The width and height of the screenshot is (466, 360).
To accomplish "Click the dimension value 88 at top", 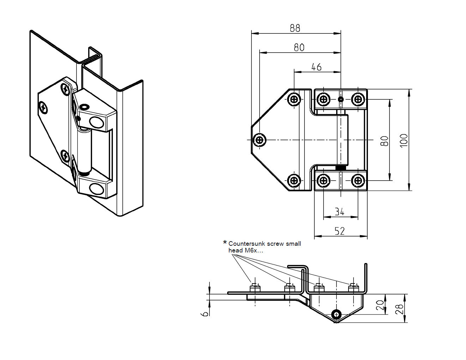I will click(295, 28).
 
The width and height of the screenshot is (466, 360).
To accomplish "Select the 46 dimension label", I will click(316, 67).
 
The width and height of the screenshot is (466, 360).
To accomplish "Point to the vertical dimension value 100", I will click(404, 141).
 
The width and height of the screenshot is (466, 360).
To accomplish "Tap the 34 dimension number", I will click(339, 212).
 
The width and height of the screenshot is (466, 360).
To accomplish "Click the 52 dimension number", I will click(339, 231).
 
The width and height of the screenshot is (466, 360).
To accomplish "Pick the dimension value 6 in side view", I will click(205, 314).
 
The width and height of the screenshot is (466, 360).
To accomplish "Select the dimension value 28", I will click(399, 309).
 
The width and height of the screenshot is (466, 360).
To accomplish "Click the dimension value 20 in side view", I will click(380, 305).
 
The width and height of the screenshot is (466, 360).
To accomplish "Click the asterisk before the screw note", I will click(225, 243).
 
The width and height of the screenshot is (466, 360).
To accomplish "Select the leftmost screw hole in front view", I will click(260, 140).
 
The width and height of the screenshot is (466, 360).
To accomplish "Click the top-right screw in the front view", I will click(358, 99).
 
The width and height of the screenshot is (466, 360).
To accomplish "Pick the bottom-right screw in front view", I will click(358, 181).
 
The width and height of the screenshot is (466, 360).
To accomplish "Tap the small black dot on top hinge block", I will click(341, 99).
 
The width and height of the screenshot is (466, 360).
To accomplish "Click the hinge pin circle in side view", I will click(337, 314).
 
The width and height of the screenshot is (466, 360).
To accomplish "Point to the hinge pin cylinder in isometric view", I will click(85, 152).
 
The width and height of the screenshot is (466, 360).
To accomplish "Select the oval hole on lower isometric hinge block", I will click(97, 189).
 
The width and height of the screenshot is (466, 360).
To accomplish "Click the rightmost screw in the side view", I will click(353, 288).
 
